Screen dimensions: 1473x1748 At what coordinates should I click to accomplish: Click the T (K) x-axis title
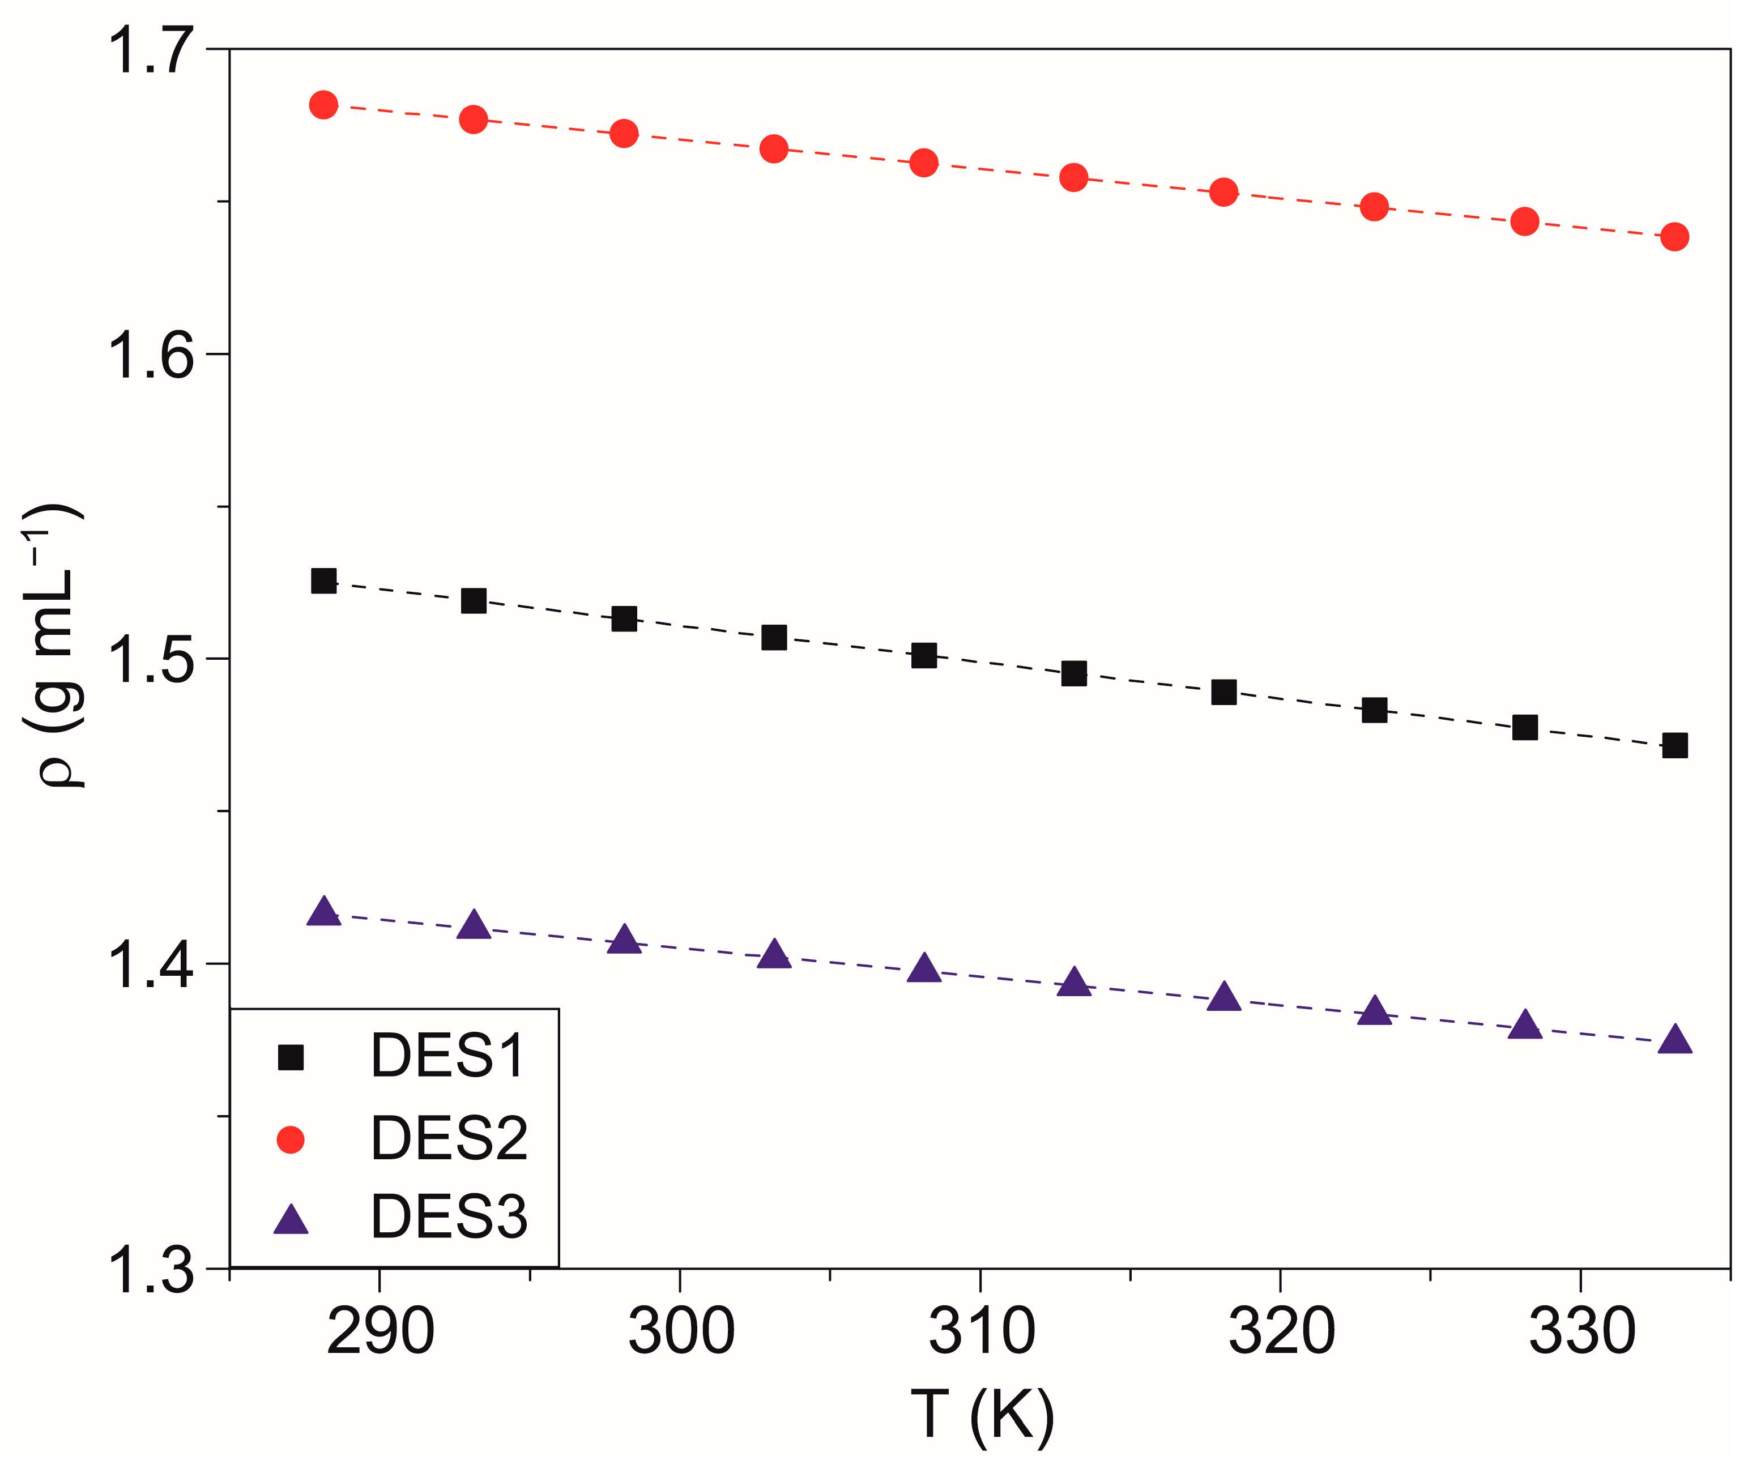[x=982, y=1416]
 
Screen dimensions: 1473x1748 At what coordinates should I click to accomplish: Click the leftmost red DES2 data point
[x=324, y=105]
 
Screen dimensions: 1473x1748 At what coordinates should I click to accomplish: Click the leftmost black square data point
[x=324, y=581]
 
